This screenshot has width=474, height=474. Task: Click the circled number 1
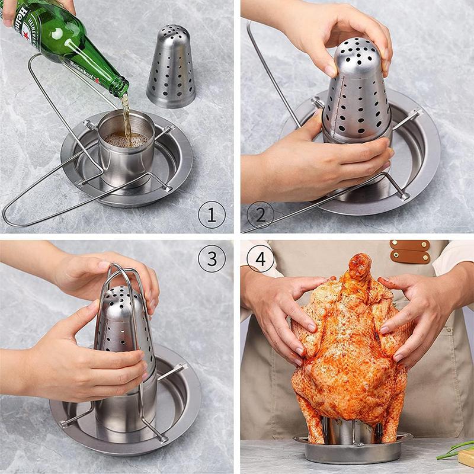(212, 214)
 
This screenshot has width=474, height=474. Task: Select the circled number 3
(212, 258)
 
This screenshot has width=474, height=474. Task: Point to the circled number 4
(260, 258)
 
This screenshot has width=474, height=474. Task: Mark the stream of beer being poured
(125, 116)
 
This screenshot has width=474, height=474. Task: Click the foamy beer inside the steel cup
(126, 140)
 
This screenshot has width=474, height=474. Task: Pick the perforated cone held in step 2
(356, 95)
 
